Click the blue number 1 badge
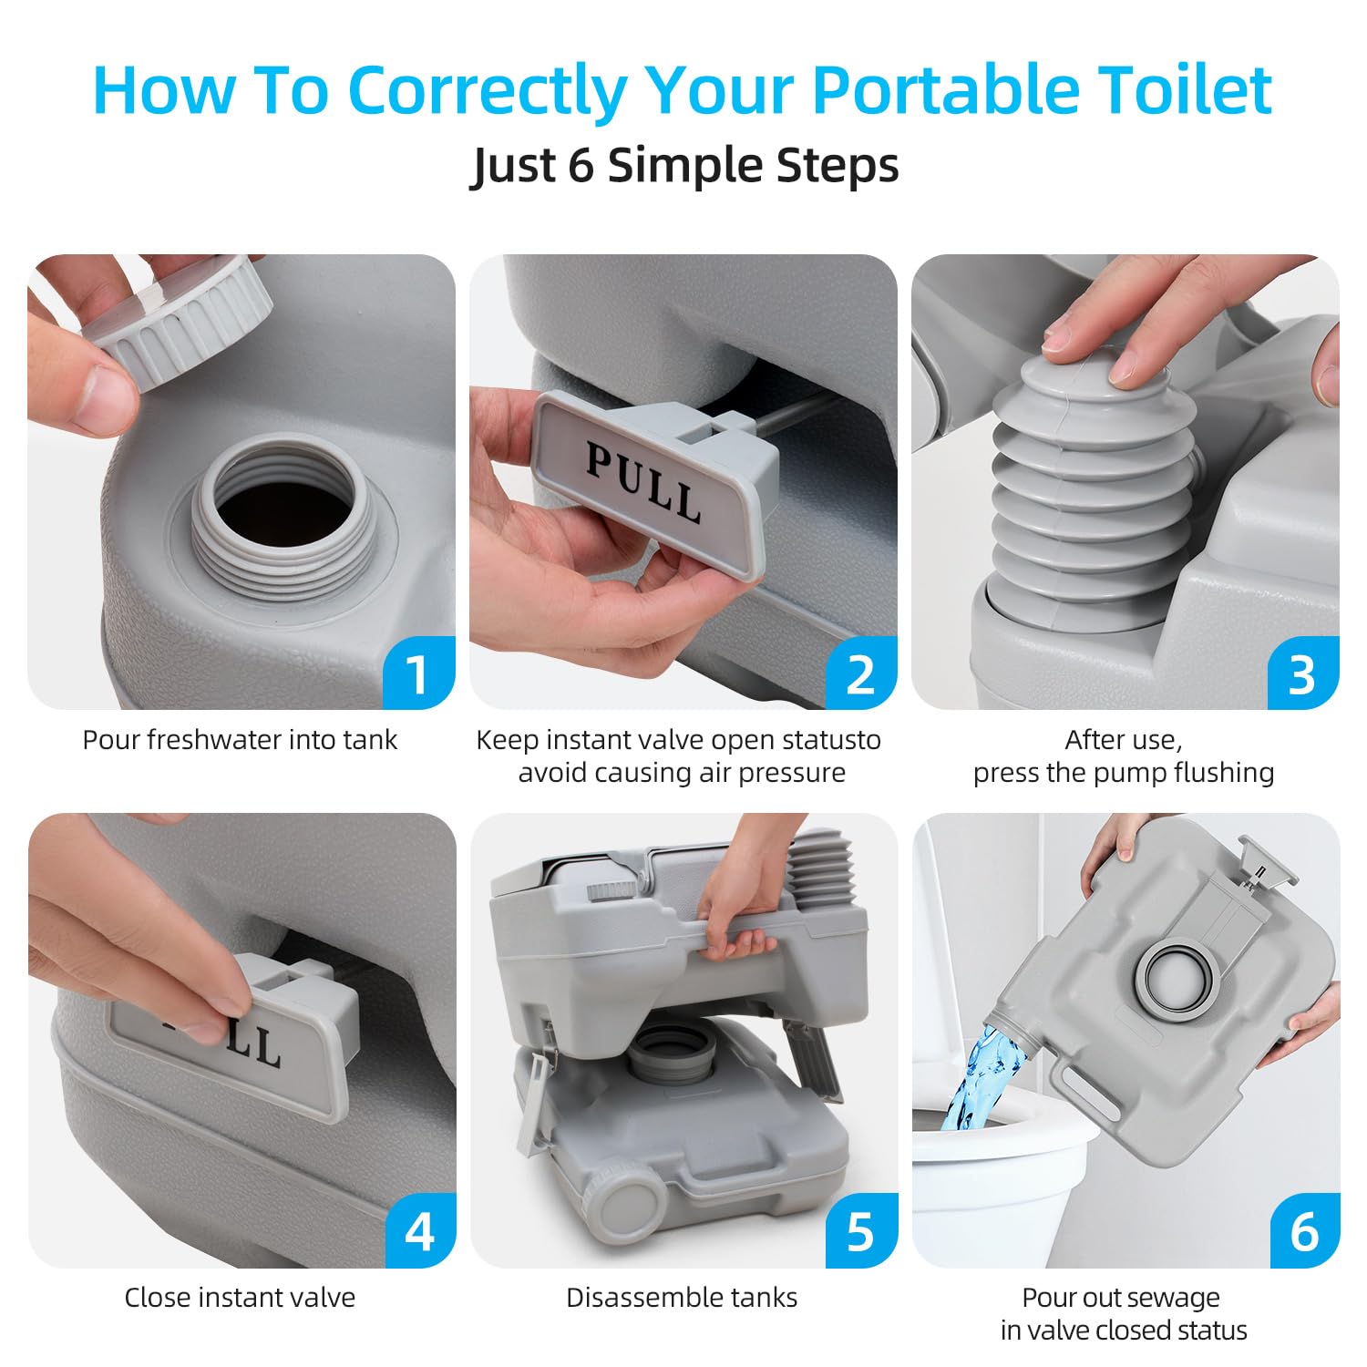pyautogui.click(x=418, y=673)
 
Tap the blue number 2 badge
pyautogui.click(x=860, y=673)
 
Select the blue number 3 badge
pyautogui.click(x=1303, y=673)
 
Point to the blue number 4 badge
pyautogui.click(x=419, y=1232)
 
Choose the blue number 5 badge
pyautogui.click(x=861, y=1232)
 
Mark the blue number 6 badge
pyautogui.click(x=1304, y=1232)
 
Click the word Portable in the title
pyautogui.click(x=945, y=90)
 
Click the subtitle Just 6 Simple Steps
pyautogui.click(x=683, y=166)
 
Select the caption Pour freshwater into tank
pyautogui.click(x=240, y=740)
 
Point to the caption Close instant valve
pyautogui.click(x=240, y=1298)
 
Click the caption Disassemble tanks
pyautogui.click(x=682, y=1298)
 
